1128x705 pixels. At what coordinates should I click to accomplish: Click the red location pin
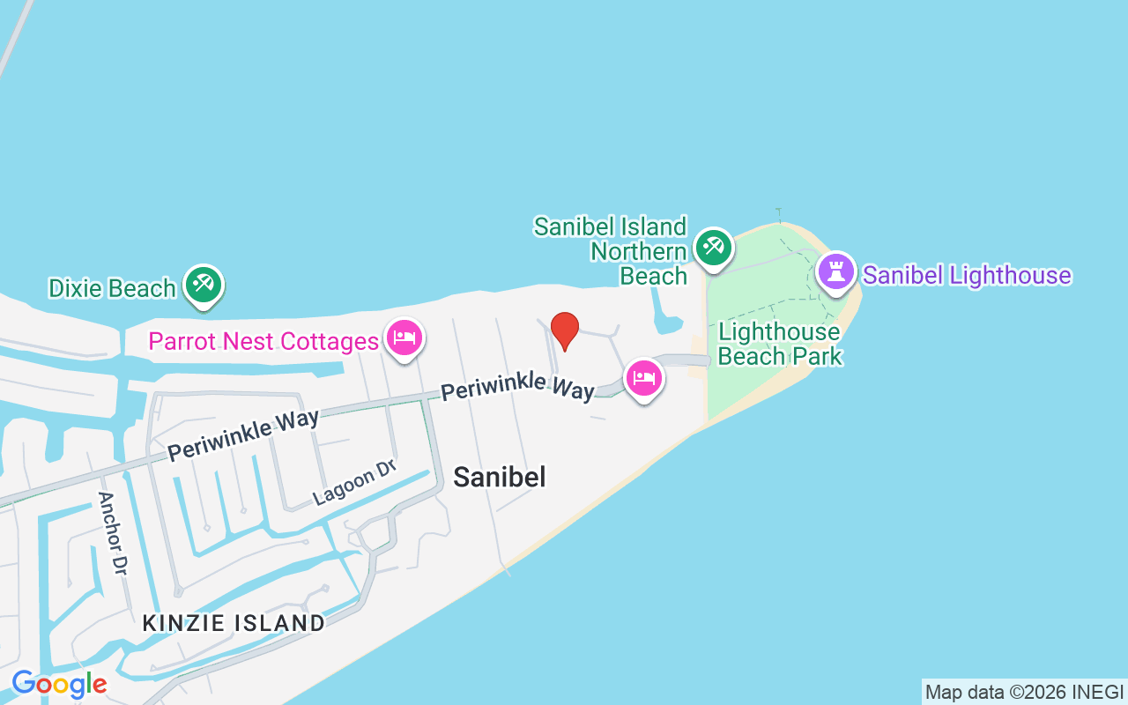[564, 330]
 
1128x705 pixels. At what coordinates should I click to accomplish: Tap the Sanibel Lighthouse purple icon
[835, 272]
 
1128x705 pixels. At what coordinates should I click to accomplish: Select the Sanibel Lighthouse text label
[967, 275]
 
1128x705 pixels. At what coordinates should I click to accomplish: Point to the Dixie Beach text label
[112, 288]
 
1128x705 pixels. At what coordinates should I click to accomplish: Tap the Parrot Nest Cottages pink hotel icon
[404, 338]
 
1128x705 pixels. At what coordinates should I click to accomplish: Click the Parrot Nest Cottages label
[263, 341]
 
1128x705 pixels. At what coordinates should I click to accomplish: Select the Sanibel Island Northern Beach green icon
[711, 248]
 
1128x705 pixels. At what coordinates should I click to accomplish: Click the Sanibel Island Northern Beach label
[612, 251]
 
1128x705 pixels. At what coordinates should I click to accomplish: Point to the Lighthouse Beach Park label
[779, 344]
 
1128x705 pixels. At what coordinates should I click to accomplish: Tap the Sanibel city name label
[500, 477]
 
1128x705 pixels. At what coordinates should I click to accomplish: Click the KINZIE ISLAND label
[234, 623]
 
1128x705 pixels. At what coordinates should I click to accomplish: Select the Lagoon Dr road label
[354, 484]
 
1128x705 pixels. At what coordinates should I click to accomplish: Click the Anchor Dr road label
[113, 534]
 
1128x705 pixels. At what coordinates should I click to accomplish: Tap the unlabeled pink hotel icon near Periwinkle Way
[644, 379]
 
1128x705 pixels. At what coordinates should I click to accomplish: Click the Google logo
[59, 684]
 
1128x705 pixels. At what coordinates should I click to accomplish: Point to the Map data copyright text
[1024, 692]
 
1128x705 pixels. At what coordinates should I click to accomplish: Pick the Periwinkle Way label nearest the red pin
[517, 388]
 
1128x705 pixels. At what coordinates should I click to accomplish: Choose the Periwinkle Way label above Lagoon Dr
[243, 434]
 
